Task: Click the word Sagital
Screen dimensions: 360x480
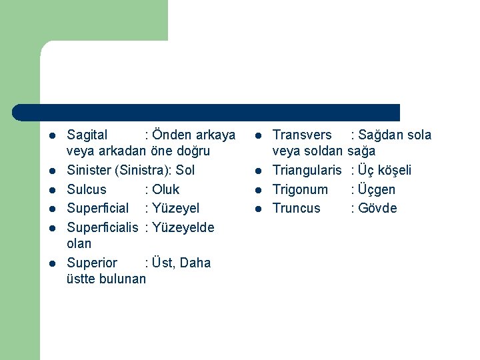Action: tap(87, 135)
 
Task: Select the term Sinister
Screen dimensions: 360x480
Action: tap(89, 171)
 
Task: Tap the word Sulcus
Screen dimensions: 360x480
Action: tap(87, 189)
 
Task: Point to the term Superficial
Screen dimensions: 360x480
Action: tap(98, 209)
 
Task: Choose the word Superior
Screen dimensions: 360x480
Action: tap(92, 263)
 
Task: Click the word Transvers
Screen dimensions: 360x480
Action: tap(302, 135)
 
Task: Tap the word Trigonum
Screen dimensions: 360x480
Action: tap(300, 189)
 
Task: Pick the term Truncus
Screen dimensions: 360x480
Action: tap(297, 209)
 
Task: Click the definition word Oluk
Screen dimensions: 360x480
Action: tap(166, 189)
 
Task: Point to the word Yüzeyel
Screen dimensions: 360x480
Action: tap(176, 209)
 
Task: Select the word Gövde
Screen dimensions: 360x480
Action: tap(377, 209)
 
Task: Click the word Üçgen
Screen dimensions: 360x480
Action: tap(377, 189)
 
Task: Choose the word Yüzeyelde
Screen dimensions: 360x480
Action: tap(183, 227)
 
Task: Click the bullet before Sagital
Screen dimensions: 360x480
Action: tap(52, 136)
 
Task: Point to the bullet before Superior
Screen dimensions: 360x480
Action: tap(52, 263)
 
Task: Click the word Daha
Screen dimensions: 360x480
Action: tap(195, 263)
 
